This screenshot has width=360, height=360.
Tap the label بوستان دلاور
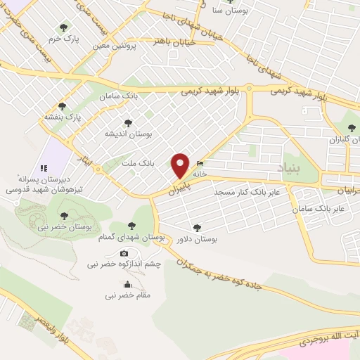point(196,239)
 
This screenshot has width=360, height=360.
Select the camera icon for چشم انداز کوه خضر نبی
point(124,253)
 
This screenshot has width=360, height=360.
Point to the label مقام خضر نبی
point(127,295)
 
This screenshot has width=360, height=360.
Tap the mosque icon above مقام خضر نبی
point(127,284)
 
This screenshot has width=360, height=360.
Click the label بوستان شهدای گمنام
point(131,238)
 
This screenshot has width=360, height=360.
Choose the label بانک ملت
point(137,163)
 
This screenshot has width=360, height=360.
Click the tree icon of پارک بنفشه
point(63,106)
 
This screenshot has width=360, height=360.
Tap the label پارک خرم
point(63,39)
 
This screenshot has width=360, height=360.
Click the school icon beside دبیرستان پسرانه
point(43,168)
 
